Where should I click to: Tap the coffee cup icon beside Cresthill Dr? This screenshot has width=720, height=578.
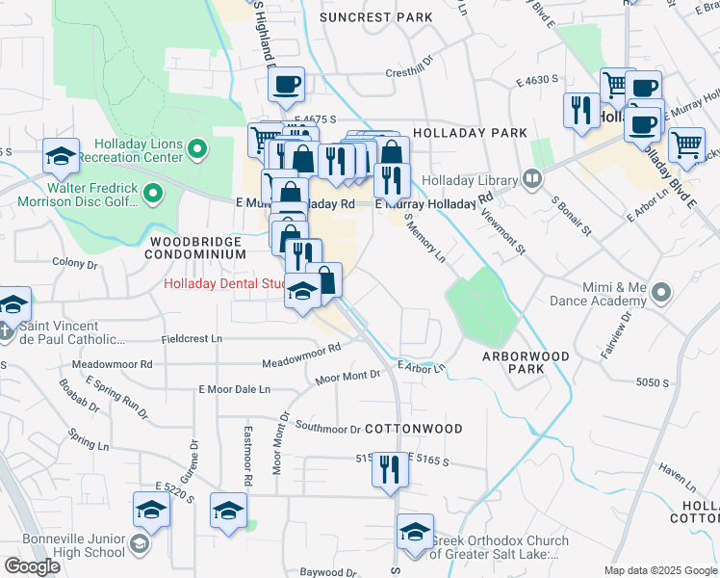click(286, 85)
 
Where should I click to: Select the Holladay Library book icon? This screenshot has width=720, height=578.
click(531, 178)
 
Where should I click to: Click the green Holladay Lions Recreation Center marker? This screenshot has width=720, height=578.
click(197, 149)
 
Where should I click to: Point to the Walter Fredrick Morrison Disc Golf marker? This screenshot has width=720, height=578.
click(152, 196)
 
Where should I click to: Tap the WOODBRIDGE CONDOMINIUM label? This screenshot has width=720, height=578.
click(195, 247)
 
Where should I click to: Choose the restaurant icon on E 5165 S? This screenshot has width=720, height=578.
click(390, 469)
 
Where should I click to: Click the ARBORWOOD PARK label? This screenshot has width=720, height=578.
click(526, 362)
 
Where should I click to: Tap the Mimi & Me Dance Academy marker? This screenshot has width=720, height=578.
click(660, 291)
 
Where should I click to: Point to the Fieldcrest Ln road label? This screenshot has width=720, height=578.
click(192, 339)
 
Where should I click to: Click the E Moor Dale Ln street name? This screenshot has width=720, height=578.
click(234, 389)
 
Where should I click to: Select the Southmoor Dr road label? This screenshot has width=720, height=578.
click(327, 427)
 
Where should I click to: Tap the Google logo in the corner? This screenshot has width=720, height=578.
click(32, 566)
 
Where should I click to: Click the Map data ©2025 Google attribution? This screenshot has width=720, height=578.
click(659, 570)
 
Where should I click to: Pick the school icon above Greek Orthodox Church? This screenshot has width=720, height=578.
click(415, 532)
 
